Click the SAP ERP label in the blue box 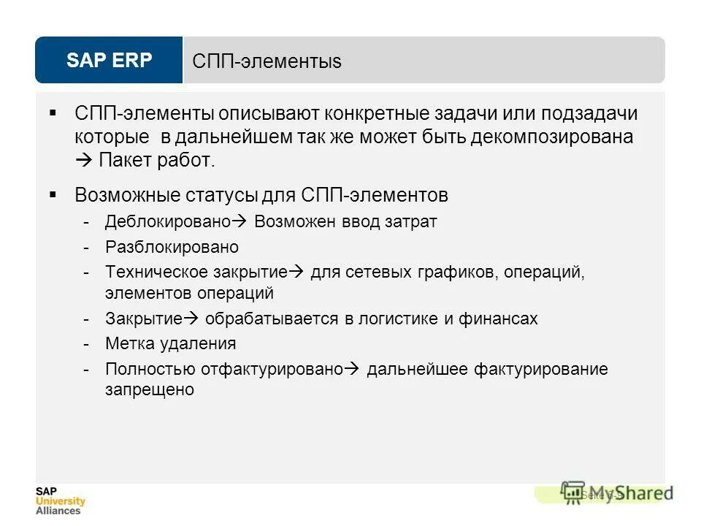click(x=109, y=60)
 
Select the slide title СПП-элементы click(x=267, y=61)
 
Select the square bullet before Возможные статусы click(x=53, y=195)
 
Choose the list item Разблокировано click(x=172, y=247)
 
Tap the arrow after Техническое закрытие click(x=296, y=272)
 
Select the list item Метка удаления click(x=171, y=343)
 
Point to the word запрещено click(x=150, y=390)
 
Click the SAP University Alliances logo click(x=60, y=500)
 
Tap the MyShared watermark click(x=618, y=493)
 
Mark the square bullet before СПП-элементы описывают click(x=53, y=113)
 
